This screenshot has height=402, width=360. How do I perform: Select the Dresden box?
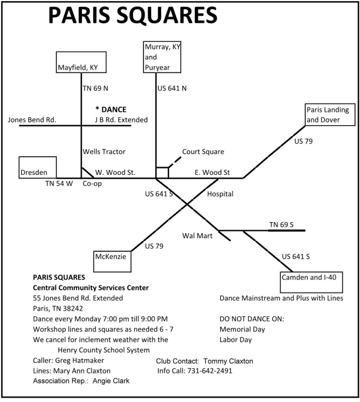click(x=38, y=168)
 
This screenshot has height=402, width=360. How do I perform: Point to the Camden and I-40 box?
click(x=311, y=282)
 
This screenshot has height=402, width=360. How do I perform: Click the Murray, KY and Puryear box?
click(x=163, y=57)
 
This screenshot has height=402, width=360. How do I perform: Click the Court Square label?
click(x=203, y=152)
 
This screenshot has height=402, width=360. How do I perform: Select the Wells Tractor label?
click(x=104, y=151)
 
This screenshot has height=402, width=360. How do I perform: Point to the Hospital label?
click(x=220, y=193)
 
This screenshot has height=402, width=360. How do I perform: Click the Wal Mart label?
click(x=197, y=235)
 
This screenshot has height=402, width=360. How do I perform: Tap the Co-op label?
click(x=92, y=184)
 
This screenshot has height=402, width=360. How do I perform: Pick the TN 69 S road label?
click(x=281, y=224)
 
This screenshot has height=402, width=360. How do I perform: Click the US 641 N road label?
click(x=172, y=88)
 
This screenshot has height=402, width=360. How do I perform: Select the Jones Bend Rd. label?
click(x=32, y=120)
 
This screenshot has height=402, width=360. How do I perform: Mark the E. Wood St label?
click(x=212, y=172)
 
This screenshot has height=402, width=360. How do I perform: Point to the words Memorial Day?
click(x=243, y=329)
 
